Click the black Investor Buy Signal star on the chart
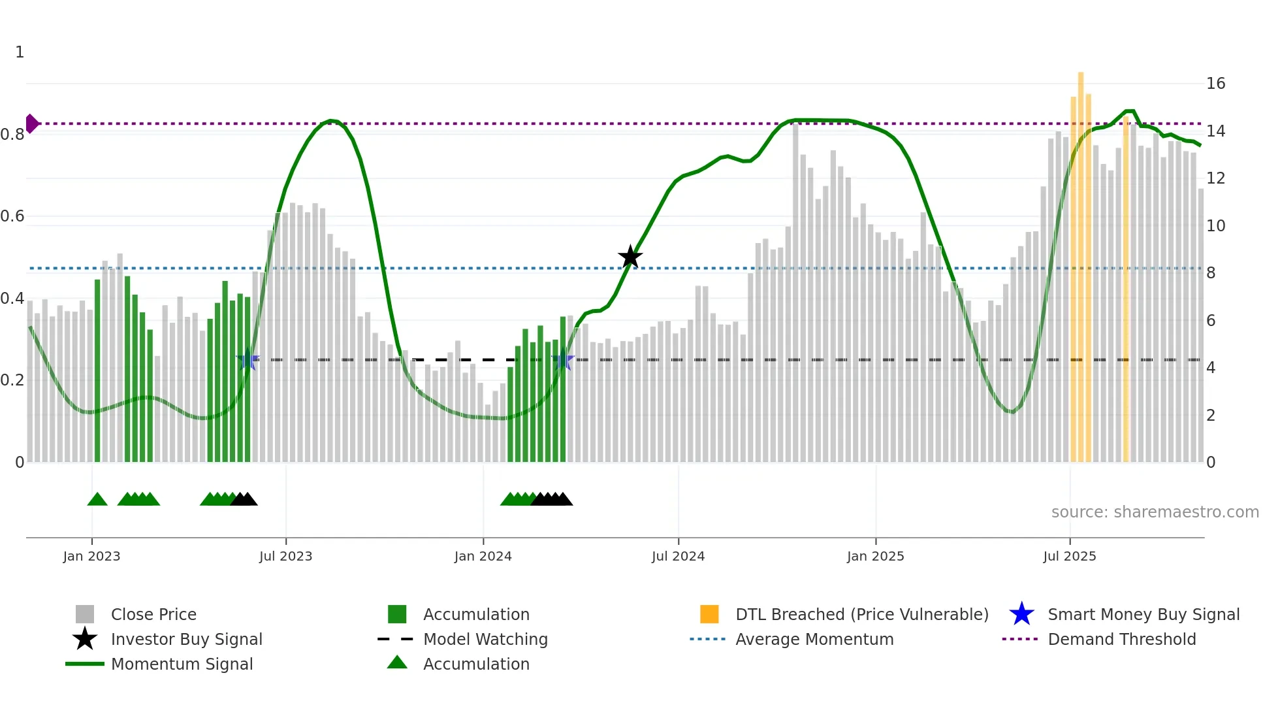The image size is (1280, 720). click(630, 257)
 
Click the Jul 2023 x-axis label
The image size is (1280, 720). click(285, 556)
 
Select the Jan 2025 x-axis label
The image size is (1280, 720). click(875, 556)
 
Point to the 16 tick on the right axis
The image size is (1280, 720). click(1215, 84)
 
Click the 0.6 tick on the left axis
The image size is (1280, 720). click(12, 216)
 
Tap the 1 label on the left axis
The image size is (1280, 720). click(20, 52)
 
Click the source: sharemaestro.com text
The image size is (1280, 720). click(1155, 512)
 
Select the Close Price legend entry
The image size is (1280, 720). click(153, 614)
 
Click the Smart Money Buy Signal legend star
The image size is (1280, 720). click(1021, 614)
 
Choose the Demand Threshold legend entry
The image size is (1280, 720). click(1121, 639)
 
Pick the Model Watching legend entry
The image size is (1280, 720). click(485, 639)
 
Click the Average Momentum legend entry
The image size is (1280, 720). click(814, 639)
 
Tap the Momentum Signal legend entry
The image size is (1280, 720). click(182, 664)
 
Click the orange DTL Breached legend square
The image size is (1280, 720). click(709, 614)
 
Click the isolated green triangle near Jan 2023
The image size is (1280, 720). click(97, 500)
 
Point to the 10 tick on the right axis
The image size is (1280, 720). click(1215, 226)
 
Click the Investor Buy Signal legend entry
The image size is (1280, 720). click(186, 639)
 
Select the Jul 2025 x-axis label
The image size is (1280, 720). click(1069, 556)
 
